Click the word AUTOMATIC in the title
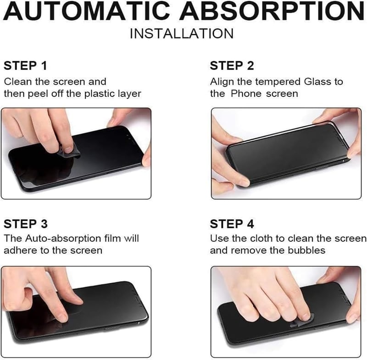[87, 11]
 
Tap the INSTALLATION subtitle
[182, 33]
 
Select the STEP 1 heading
[25, 66]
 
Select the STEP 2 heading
[232, 66]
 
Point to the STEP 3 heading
[26, 224]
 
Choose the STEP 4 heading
[232, 224]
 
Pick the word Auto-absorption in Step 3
[63, 238]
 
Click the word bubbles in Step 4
[306, 250]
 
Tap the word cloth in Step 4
[261, 238]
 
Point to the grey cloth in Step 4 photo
[300, 323]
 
